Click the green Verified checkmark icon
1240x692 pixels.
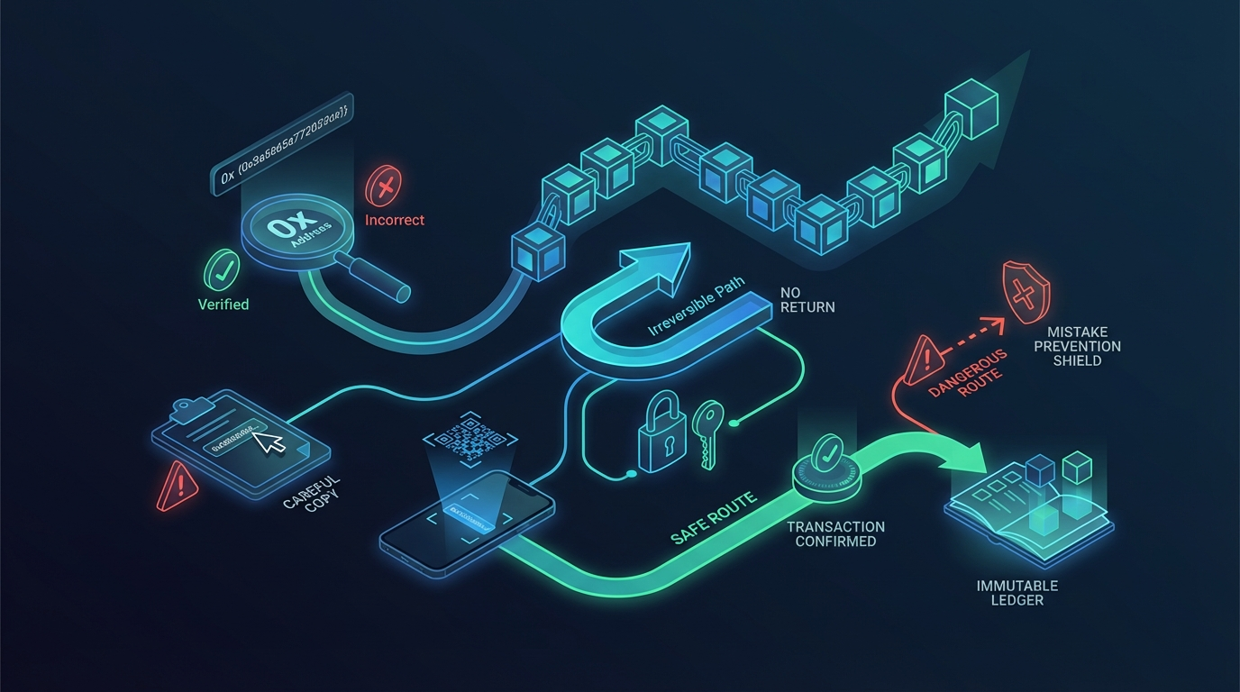222,269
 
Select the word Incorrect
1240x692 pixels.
395,220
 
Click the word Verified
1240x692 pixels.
223,305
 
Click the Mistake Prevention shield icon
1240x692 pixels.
1026,294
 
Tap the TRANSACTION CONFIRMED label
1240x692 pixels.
835,533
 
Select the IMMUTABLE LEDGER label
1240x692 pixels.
1017,593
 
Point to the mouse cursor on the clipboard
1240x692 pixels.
269,441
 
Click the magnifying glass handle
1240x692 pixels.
377,275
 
